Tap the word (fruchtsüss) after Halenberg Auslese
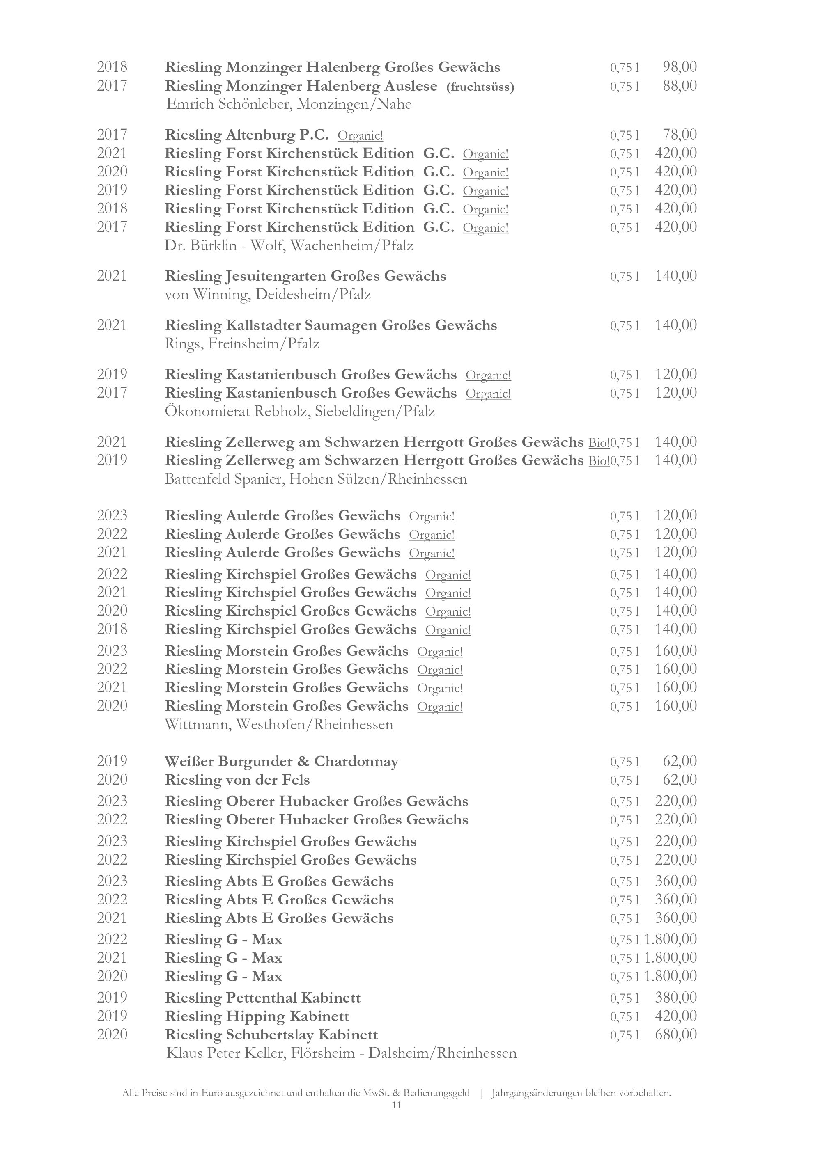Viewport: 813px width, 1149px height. tap(480, 87)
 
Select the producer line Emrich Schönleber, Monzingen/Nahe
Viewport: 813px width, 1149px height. tap(288, 105)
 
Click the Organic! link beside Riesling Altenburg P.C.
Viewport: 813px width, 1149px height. tap(361, 135)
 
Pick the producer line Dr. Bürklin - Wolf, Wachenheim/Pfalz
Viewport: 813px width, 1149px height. tap(288, 246)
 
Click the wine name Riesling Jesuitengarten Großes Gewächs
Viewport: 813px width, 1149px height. tap(305, 276)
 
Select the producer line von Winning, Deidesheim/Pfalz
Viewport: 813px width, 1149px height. tap(268, 294)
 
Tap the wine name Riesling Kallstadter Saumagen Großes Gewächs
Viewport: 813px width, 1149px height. tap(331, 325)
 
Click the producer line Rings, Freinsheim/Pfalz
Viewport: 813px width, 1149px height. tap(242, 344)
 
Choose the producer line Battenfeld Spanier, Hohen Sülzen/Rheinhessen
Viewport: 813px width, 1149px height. tap(316, 479)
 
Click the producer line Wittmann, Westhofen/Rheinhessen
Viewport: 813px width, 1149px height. tap(279, 724)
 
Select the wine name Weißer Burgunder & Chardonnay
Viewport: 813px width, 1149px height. tap(281, 761)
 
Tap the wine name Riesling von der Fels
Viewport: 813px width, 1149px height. tap(237, 780)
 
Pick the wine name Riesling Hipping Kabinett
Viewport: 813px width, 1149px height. tap(257, 1016)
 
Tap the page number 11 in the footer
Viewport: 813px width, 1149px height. tap(397, 1105)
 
